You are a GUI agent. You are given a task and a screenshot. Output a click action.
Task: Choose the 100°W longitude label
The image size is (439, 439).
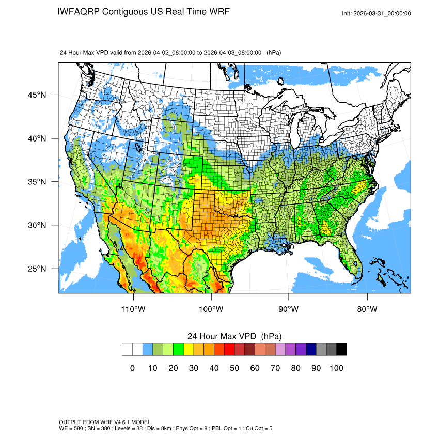[211, 309]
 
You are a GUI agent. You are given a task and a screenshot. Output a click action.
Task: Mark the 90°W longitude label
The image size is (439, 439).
[289, 309]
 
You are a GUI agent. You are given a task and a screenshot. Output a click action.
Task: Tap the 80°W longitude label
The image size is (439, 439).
[367, 309]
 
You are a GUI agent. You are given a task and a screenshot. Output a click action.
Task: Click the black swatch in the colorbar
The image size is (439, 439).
[341, 350]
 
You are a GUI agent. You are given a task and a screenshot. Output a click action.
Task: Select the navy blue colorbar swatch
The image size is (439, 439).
[311, 350]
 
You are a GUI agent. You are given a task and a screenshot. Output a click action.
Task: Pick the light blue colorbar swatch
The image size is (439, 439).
[148, 350]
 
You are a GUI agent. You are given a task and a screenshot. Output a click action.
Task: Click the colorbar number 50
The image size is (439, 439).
[234, 368]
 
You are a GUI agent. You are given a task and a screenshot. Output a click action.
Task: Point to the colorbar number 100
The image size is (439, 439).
[336, 368]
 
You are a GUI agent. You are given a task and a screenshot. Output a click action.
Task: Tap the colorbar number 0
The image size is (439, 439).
[132, 368]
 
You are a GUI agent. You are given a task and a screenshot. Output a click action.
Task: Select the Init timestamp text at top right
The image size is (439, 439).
[377, 14]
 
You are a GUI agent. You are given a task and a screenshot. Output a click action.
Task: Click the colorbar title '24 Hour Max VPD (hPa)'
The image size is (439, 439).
[234, 336]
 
